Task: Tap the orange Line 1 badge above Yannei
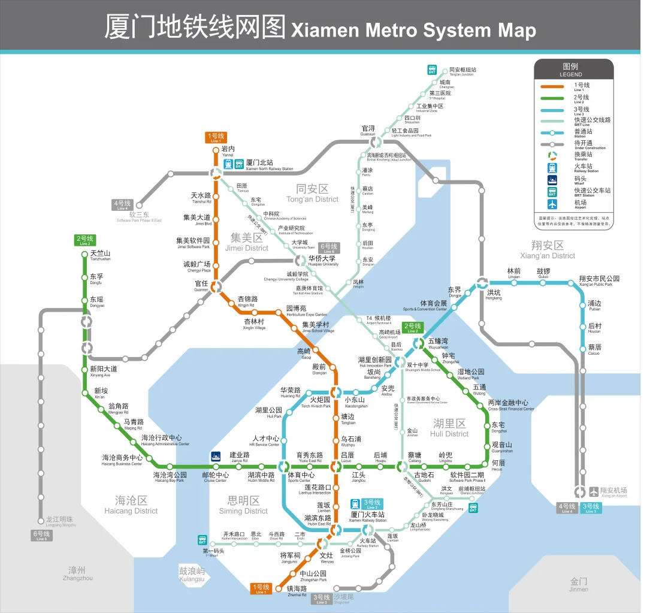(216, 137)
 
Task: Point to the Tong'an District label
(312, 194)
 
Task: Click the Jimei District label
(246, 242)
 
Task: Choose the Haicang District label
(131, 505)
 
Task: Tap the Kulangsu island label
(192, 574)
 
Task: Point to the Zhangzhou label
(77, 573)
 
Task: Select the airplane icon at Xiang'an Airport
(594, 492)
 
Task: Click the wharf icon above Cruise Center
(216, 457)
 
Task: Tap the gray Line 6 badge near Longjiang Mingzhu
(41, 536)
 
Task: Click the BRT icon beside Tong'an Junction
(433, 71)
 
